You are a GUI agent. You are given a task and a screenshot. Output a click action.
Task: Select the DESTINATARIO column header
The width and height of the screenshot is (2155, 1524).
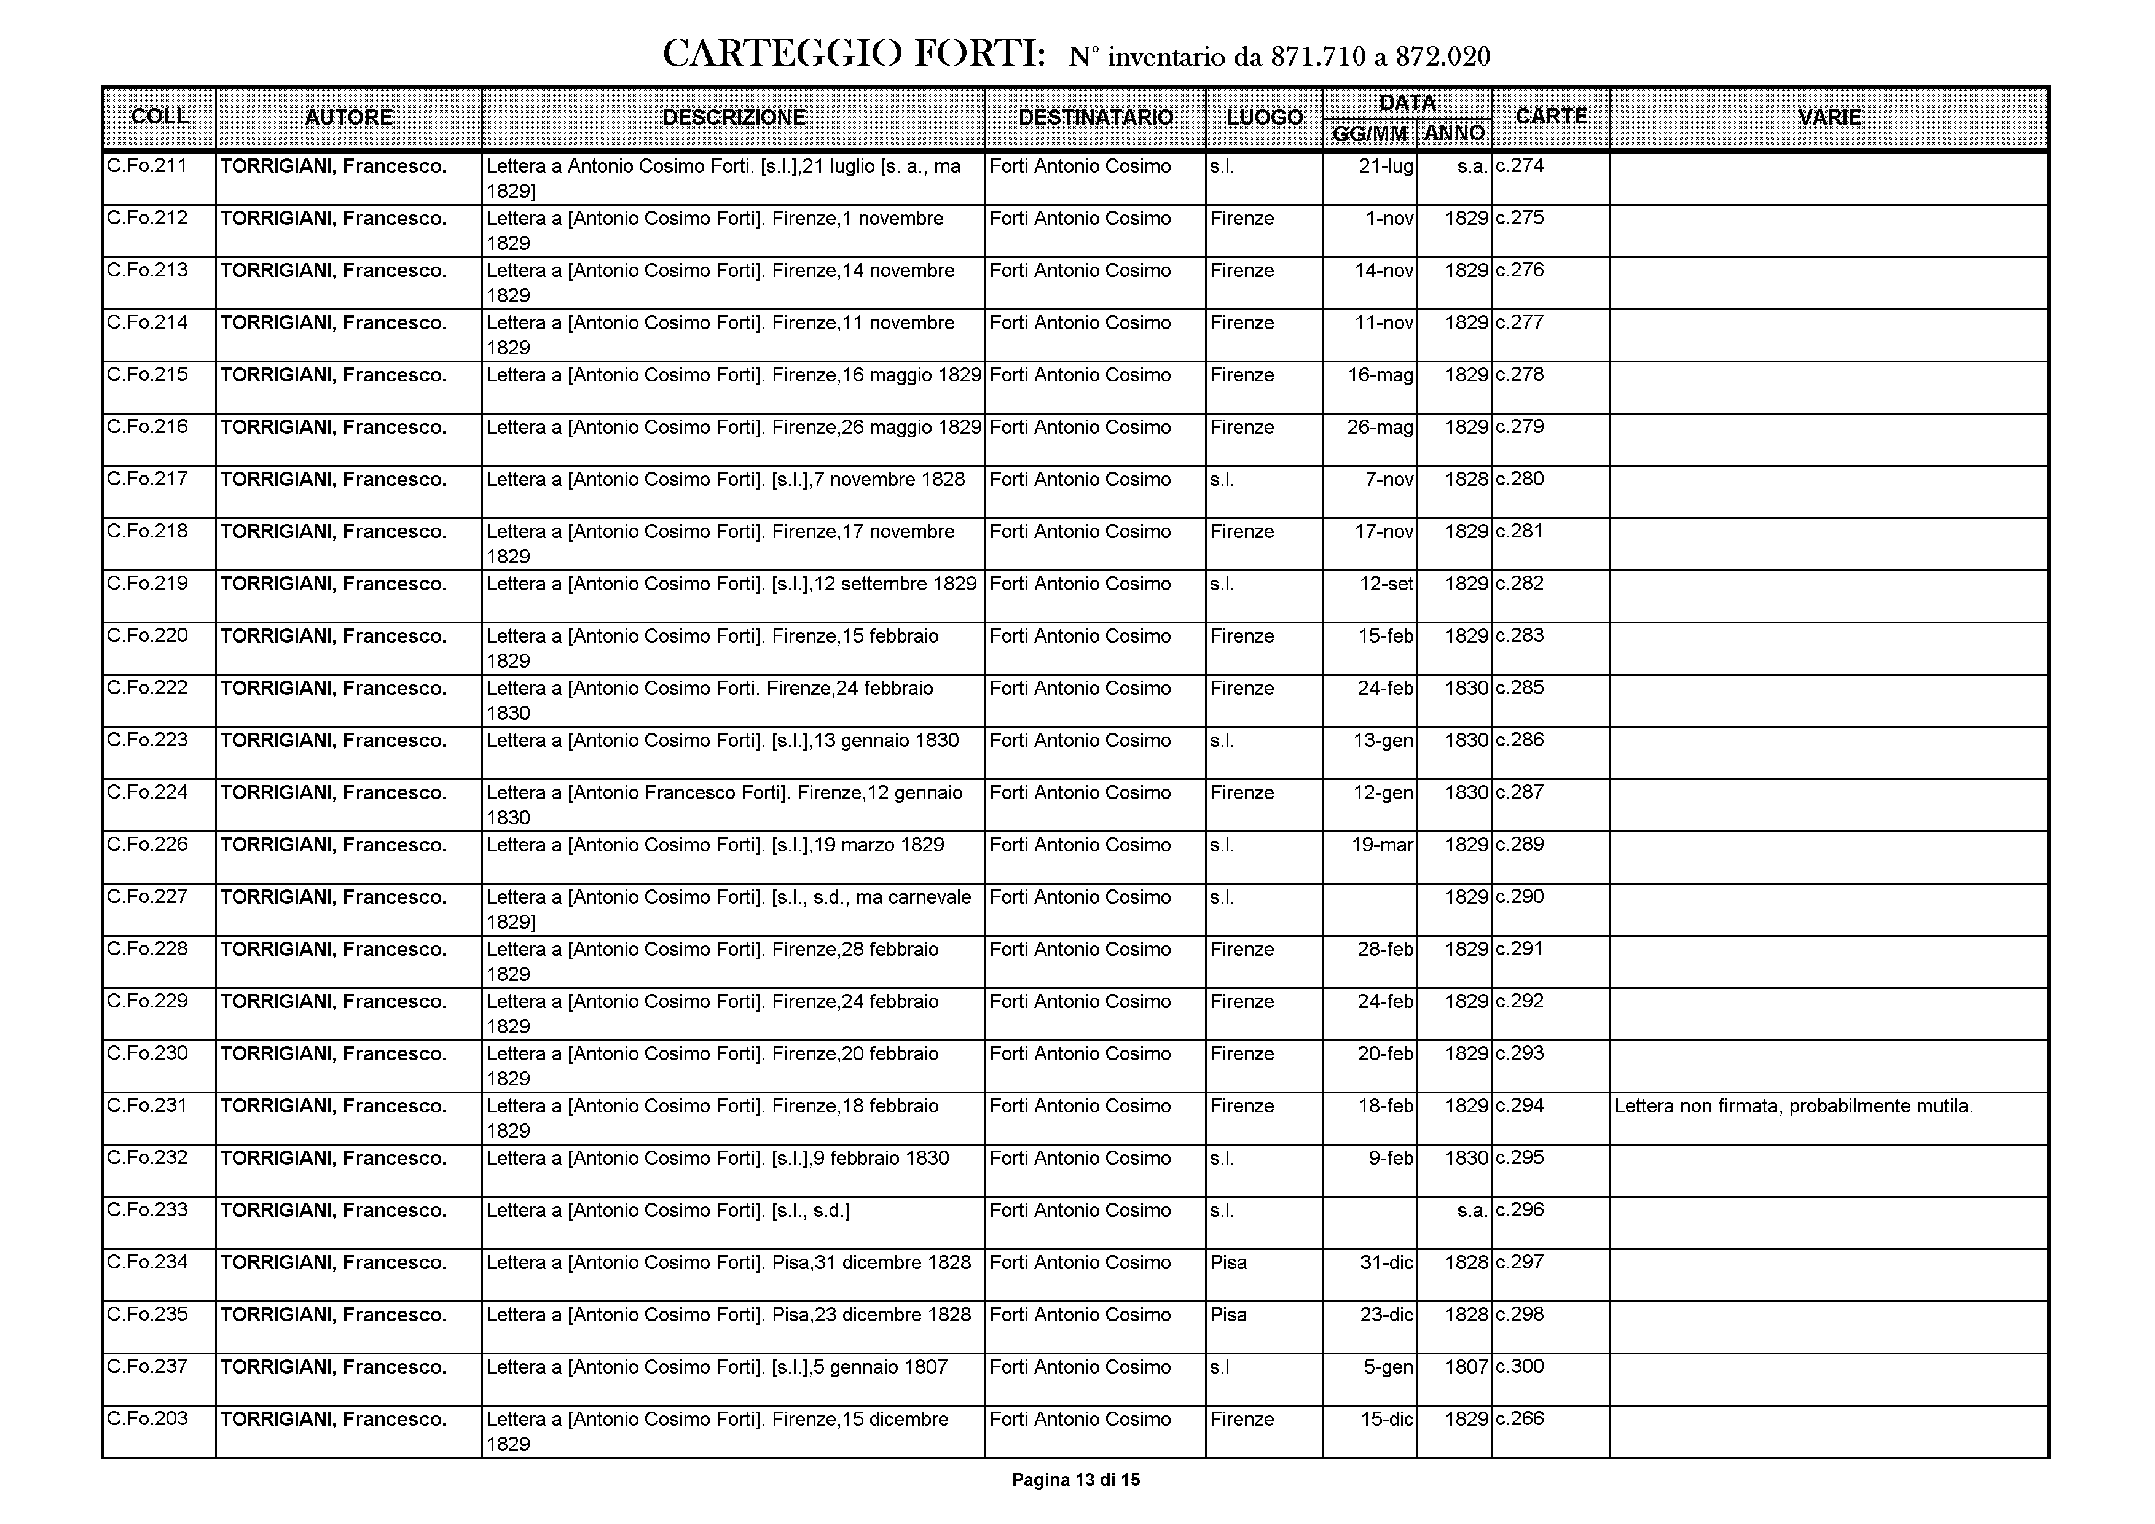coord(1096,117)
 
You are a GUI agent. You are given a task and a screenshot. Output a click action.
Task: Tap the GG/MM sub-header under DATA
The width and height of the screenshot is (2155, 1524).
coord(1370,134)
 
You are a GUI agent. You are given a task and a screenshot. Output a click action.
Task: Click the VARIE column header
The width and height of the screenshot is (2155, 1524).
coord(1828,117)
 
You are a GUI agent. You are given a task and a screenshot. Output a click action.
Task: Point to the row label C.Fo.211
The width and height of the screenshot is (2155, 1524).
coord(147,166)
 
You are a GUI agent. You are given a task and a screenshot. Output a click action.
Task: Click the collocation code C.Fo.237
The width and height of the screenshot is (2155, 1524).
coord(147,1366)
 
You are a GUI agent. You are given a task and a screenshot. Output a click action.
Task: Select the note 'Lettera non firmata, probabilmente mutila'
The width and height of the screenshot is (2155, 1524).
coord(1792,1106)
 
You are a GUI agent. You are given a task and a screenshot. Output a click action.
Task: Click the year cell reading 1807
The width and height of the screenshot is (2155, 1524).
coord(1466,1366)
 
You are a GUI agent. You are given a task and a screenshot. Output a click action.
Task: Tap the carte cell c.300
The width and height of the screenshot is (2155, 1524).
coord(1520,1366)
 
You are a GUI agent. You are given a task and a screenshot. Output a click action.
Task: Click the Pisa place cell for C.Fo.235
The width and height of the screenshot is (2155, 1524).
coord(1228,1315)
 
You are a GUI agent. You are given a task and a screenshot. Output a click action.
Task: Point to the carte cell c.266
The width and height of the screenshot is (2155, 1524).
coord(1520,1419)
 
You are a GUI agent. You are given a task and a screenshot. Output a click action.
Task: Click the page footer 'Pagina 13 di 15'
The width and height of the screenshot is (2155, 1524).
coord(1075,1480)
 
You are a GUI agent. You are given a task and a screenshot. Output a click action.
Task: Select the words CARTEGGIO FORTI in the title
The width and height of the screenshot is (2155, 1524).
coord(853,55)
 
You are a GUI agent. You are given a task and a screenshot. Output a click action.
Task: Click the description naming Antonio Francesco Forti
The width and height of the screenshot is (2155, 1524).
coord(724,804)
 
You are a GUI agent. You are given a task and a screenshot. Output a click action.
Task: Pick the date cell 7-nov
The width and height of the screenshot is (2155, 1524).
coord(1389,480)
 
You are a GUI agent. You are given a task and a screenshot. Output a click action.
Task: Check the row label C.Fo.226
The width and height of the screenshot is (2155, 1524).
coord(147,845)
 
